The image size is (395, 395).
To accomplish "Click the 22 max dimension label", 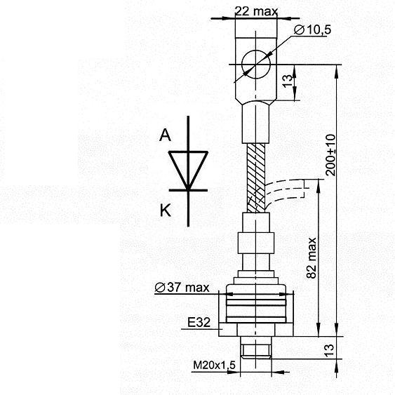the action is coord(256,12).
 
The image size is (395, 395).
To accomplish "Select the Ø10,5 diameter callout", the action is coord(312,29).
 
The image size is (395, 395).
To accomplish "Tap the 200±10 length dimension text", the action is coord(330,155).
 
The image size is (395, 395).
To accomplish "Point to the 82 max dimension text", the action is coord(312,257).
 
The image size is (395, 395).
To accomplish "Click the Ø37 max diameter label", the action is coord(182,288).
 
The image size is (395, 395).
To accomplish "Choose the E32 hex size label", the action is coord(199,322).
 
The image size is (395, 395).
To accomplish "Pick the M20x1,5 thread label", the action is coord(215,365).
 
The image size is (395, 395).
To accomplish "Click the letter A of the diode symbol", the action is coord(166,135).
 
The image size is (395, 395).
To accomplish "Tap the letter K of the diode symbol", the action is coord(166,210).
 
